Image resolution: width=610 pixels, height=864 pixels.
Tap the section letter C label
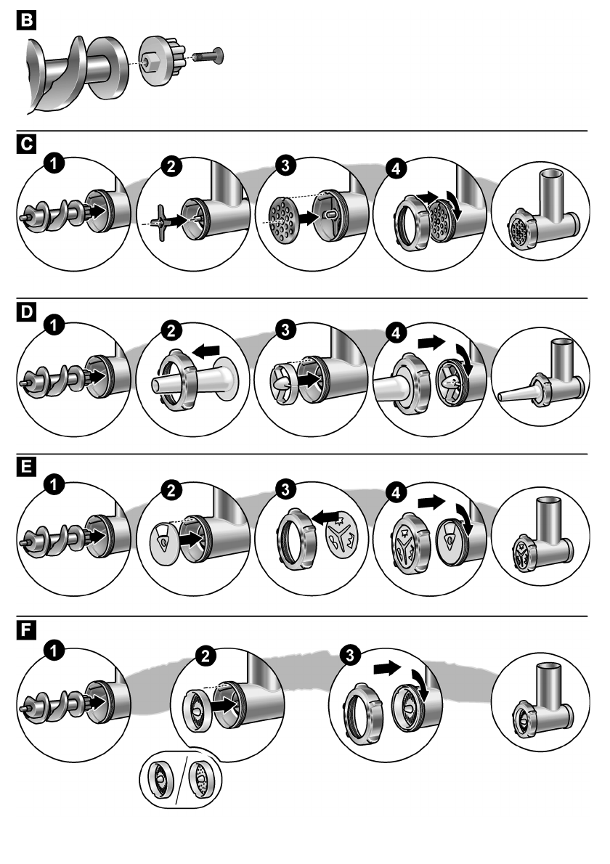(x=28, y=143)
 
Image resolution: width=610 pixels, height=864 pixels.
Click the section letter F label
(x=28, y=628)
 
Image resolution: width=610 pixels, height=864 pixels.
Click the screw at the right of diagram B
(x=211, y=54)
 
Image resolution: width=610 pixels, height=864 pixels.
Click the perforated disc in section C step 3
(x=282, y=216)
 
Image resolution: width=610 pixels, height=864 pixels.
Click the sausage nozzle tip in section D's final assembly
(x=508, y=396)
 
